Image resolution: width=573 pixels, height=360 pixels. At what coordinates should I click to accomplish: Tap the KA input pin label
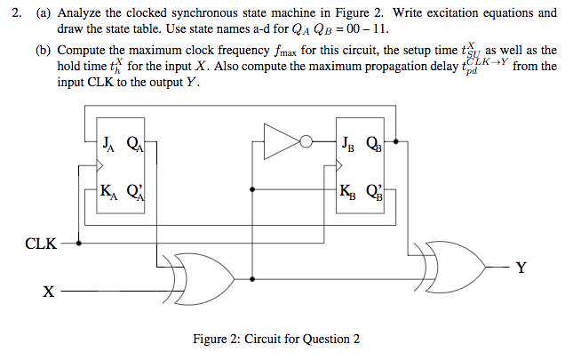[x=108, y=189]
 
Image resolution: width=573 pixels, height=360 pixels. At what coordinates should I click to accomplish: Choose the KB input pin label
[x=348, y=189]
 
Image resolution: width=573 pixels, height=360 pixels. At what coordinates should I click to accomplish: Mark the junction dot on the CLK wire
[x=82, y=242]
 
